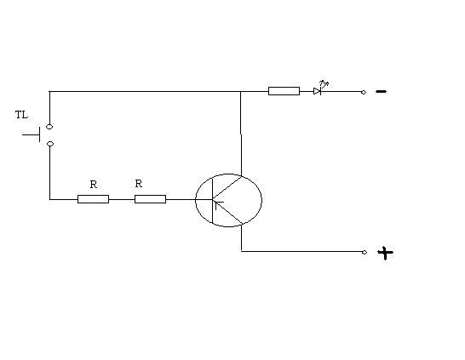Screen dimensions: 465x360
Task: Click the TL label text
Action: (21, 115)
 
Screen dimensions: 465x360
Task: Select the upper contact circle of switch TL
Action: (49, 127)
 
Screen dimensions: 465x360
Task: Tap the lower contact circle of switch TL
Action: (50, 144)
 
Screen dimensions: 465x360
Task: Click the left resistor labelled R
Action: (93, 199)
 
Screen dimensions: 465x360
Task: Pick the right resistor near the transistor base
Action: (151, 199)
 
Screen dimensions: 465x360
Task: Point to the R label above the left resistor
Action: (94, 185)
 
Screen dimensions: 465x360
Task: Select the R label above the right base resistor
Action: (139, 184)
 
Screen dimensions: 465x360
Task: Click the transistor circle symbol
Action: (195, 200)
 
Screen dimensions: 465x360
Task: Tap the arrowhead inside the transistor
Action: (217, 203)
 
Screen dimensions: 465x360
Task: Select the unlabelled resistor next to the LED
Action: (284, 91)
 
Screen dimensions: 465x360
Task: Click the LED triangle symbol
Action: (317, 91)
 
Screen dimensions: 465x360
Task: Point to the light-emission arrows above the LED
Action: (324, 84)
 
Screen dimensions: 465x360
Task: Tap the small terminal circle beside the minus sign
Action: (364, 93)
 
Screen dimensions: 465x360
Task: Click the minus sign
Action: (381, 91)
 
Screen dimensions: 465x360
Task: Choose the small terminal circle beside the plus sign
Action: (365, 252)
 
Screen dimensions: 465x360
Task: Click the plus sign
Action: (385, 253)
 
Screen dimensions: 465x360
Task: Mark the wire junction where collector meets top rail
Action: (240, 92)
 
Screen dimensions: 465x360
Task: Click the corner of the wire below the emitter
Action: (241, 251)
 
